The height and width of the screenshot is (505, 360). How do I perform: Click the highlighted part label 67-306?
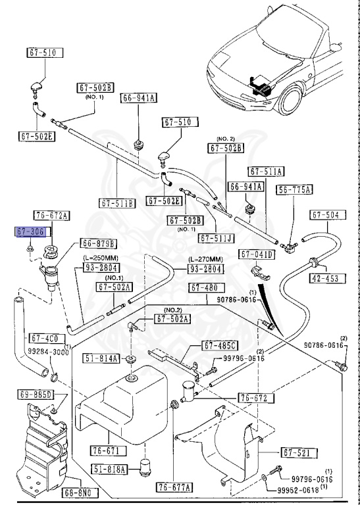[x=30, y=231]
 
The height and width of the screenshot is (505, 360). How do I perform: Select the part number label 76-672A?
[x=53, y=215]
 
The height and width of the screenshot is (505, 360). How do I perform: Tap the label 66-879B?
[x=99, y=243]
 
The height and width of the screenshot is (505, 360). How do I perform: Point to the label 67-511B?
[x=117, y=203]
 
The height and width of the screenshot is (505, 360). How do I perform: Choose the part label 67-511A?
[x=267, y=171]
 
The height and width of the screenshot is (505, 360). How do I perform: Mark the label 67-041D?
[x=258, y=254]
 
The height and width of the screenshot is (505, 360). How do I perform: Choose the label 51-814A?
[x=101, y=358]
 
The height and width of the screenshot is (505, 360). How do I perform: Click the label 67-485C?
[x=219, y=345]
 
